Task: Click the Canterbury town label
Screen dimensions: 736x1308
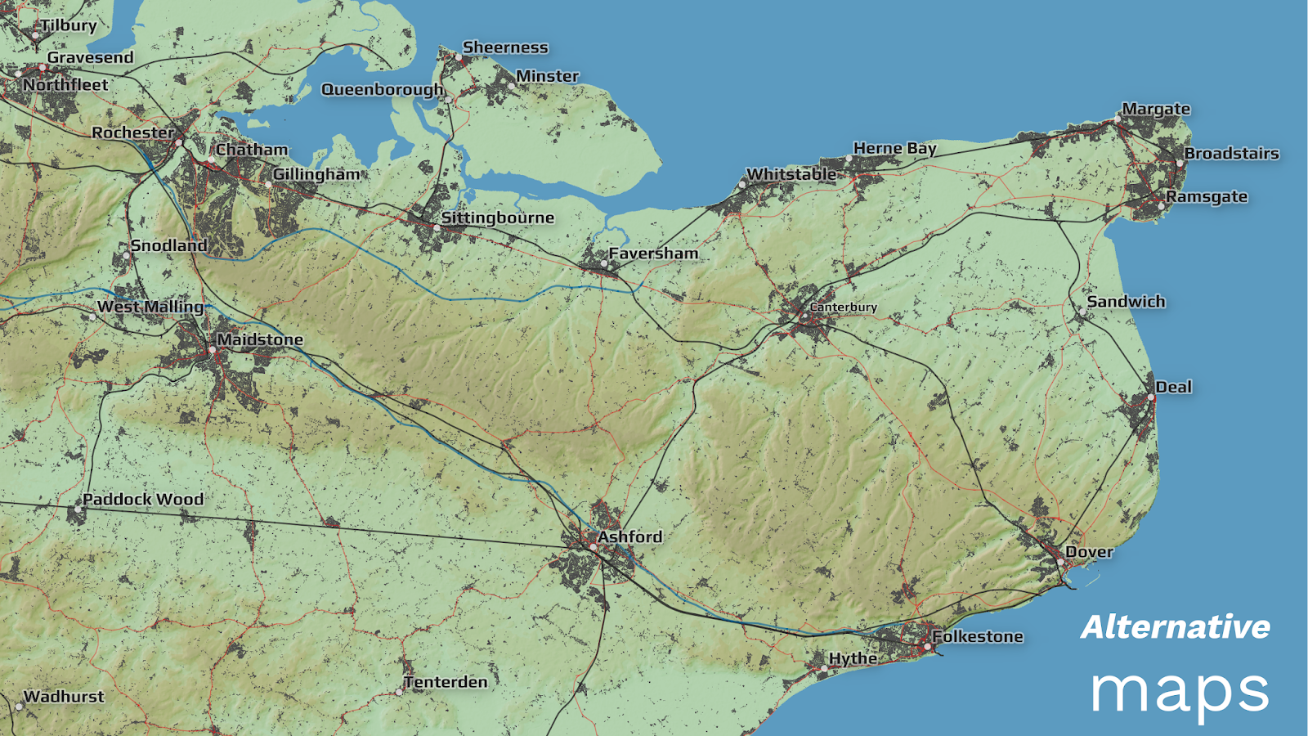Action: click(843, 307)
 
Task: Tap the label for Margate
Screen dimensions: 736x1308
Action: click(1156, 109)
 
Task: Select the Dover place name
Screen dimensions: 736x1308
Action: click(1089, 552)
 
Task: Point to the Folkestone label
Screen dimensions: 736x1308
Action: click(978, 636)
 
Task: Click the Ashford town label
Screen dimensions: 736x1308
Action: click(629, 536)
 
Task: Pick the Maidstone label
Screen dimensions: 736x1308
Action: click(260, 339)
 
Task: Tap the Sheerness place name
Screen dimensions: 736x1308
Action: click(505, 47)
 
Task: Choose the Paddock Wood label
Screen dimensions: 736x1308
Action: click(143, 499)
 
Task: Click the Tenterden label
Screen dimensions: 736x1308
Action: click(446, 682)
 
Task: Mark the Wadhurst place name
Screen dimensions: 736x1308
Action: click(64, 697)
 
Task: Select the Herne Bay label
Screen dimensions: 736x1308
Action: click(894, 148)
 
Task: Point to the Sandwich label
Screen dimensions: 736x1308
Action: click(1126, 302)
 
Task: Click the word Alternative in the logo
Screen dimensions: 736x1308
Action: click(1176, 627)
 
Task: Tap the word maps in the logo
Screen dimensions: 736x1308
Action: click(1180, 691)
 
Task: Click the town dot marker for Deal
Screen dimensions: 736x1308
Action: click(1150, 397)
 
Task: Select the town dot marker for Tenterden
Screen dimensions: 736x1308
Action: click(399, 692)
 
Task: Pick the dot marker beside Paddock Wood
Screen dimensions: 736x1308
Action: click(78, 509)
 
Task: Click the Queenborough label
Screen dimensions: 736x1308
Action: click(382, 89)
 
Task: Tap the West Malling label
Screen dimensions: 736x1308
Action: click(150, 307)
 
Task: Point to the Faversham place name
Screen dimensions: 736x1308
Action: click(653, 254)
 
